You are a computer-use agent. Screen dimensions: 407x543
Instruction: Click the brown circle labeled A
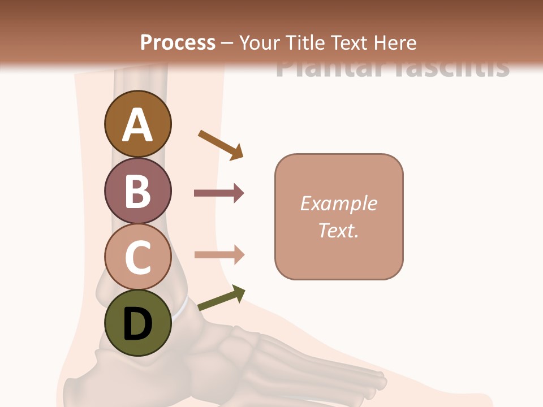[137, 124]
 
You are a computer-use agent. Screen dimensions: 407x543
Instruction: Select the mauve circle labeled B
[137, 190]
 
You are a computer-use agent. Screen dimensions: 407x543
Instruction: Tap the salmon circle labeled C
[137, 257]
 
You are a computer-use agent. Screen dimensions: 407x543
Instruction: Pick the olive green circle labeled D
[137, 323]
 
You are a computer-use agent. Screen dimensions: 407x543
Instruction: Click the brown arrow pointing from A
[221, 145]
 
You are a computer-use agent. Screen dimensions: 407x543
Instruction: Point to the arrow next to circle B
[218, 193]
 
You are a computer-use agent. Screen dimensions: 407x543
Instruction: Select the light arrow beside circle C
[219, 254]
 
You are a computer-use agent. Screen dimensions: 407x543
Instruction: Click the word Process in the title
[178, 43]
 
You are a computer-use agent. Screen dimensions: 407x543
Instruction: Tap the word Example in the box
[338, 203]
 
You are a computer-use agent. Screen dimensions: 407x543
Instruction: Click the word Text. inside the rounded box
[338, 230]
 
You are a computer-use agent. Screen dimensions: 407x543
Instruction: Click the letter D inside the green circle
[137, 324]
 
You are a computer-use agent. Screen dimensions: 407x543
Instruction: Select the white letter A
[137, 125]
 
